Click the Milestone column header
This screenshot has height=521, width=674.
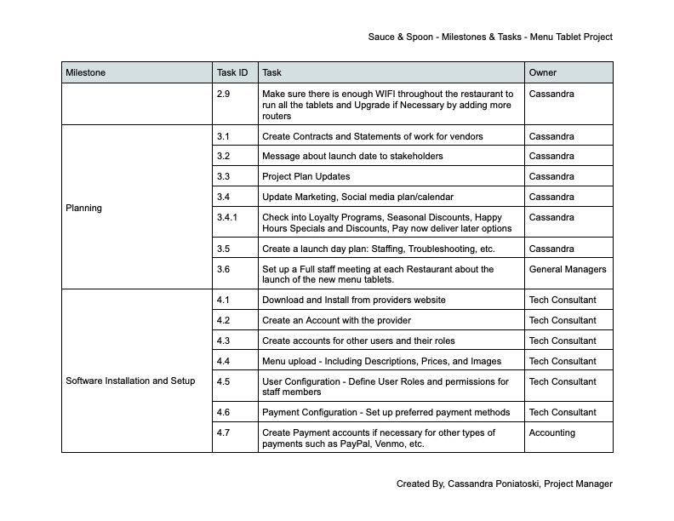[86, 73]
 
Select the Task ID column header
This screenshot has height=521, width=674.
[233, 73]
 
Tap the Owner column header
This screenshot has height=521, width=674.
[543, 73]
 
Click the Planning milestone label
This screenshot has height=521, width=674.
[83, 208]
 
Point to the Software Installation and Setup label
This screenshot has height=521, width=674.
[130, 381]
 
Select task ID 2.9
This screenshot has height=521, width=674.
[224, 94]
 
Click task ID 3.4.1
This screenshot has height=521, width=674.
[227, 217]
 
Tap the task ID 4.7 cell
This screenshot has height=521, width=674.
[224, 432]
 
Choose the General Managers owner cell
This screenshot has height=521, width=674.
[568, 269]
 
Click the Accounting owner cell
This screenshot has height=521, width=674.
[552, 432]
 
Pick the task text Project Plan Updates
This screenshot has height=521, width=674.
[306, 176]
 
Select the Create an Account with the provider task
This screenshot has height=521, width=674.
[337, 320]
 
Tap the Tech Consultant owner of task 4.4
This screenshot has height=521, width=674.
[563, 361]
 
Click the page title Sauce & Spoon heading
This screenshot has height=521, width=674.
[490, 37]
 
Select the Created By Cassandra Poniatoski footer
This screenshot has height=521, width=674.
[505, 484]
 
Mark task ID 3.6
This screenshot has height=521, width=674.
[224, 269]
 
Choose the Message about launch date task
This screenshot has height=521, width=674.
[352, 156]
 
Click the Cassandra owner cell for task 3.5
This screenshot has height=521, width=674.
[551, 249]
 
